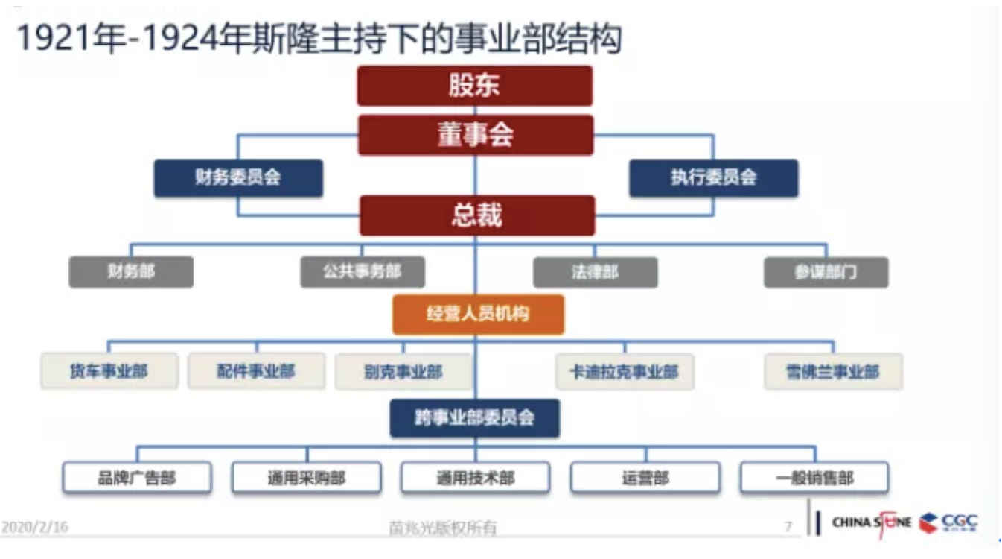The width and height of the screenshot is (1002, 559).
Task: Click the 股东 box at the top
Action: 474,86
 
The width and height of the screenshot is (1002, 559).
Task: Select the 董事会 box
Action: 475,135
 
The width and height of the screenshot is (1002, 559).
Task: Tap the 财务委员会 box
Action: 238,178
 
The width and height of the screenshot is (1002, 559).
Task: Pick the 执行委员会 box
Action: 712,178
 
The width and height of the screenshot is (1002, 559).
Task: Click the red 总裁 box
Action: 476,215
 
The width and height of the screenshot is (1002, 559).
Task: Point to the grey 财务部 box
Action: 131,272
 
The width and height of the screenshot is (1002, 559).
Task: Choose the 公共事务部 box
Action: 363,272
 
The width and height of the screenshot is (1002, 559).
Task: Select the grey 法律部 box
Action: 595,272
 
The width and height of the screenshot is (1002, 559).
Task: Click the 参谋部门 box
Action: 826,272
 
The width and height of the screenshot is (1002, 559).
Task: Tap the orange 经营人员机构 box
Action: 478,314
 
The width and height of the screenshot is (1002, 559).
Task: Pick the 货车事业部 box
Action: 109,371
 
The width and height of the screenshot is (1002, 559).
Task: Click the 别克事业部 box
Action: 403,371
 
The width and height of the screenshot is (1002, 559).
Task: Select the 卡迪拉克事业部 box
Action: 625,371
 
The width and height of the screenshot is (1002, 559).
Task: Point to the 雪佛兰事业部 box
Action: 833,371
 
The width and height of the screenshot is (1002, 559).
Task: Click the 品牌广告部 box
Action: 137,478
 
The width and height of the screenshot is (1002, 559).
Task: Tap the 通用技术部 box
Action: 475,478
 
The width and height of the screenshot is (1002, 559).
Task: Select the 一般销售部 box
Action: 814,478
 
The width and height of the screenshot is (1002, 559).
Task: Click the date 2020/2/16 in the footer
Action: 35,527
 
